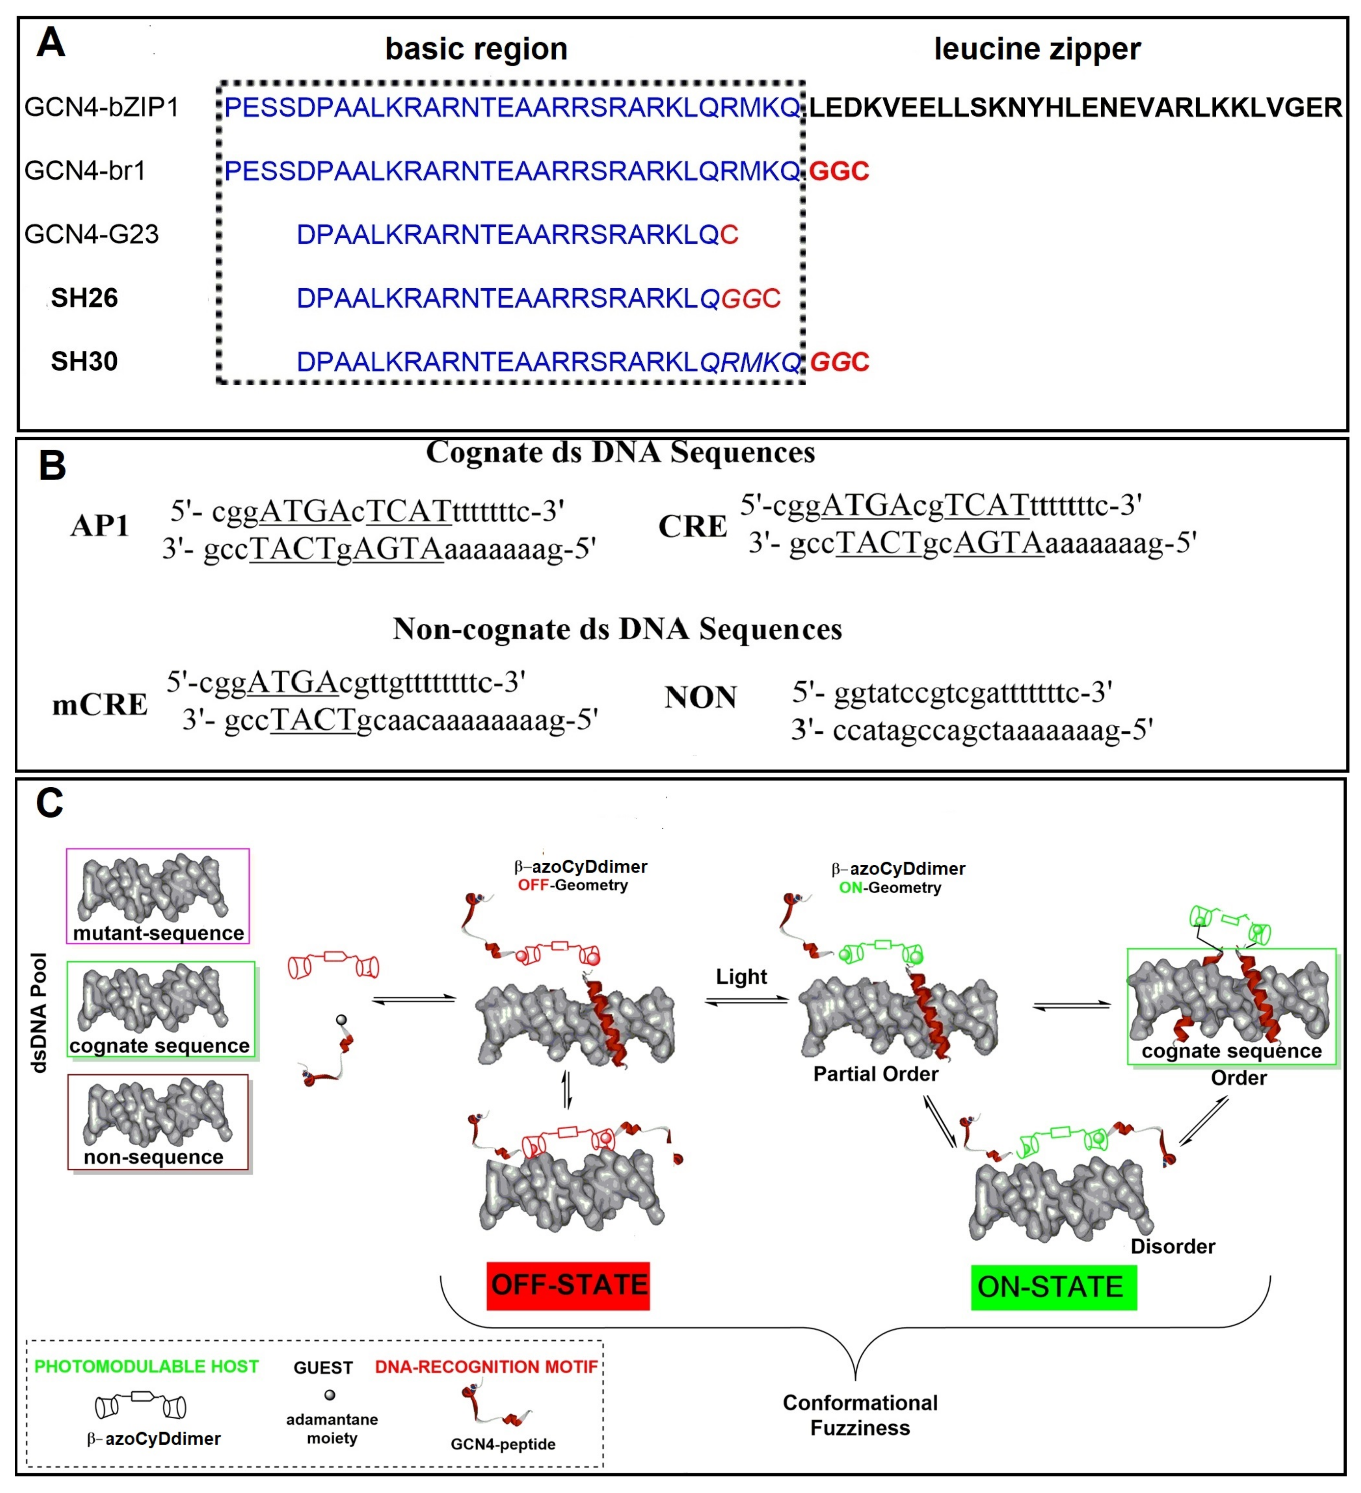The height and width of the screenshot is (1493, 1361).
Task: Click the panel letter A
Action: point(50,43)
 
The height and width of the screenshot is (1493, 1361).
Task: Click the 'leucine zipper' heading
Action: point(1037,49)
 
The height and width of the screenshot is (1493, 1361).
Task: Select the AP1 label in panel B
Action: point(100,526)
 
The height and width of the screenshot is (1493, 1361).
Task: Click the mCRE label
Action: point(100,704)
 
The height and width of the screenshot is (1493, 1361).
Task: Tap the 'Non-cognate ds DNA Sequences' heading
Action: point(617,629)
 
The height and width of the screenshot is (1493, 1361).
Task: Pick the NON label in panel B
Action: point(700,697)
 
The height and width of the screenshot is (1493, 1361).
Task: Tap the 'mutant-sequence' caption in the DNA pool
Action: point(158,932)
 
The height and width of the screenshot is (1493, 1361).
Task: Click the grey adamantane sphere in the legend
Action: point(330,1395)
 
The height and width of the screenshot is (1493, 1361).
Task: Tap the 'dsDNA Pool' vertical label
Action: point(38,1012)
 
